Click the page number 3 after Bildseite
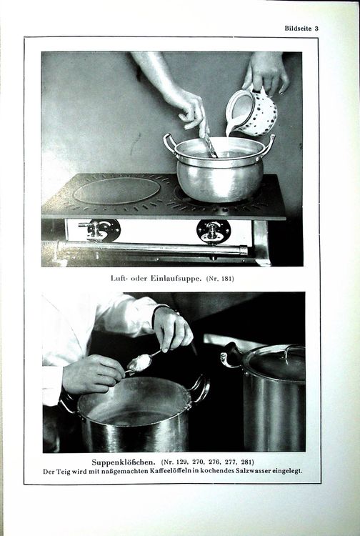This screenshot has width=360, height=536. point(316,29)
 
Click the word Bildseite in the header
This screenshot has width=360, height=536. point(298,29)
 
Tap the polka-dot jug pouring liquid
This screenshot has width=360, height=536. point(251,111)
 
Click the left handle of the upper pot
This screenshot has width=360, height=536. point(169,144)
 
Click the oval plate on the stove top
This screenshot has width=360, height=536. point(117,190)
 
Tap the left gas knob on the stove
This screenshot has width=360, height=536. point(99,230)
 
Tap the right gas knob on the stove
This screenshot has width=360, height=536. point(213,231)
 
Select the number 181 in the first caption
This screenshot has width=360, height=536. point(227,279)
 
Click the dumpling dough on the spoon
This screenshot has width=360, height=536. point(140,363)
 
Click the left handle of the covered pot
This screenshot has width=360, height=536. point(229,355)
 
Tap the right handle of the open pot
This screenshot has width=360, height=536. point(201,389)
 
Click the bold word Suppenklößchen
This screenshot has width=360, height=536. point(124,462)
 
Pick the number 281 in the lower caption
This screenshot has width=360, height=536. point(246,462)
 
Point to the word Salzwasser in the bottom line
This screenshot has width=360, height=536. point(253,471)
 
